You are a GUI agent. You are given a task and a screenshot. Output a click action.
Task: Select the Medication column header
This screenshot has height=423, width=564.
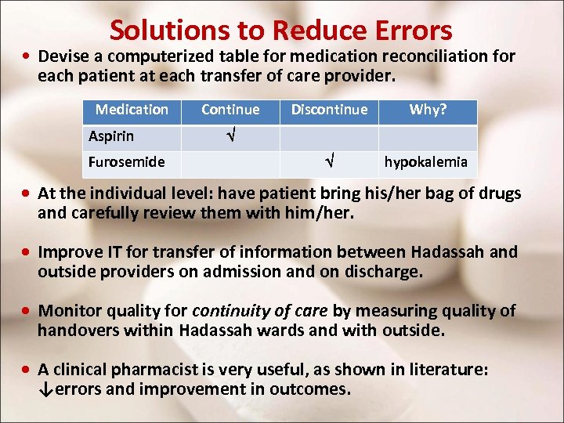pos(132,110)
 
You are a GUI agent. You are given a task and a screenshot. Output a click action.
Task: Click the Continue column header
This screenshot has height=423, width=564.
pos(230,110)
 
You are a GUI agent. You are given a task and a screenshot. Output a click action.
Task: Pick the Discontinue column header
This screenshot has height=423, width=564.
pos(329,110)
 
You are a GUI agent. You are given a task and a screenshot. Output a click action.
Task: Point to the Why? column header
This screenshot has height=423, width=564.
pos(428,110)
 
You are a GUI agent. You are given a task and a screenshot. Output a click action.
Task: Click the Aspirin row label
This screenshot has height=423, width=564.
pos(111,136)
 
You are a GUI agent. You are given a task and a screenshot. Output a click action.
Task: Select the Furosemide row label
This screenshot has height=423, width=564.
pos(126,162)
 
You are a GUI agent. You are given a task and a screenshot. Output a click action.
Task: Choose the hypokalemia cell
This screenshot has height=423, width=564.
pos(425,162)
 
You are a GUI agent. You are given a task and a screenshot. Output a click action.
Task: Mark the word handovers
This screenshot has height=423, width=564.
pos(76,330)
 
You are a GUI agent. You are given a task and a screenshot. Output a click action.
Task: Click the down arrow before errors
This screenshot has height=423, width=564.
pos(45,389)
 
